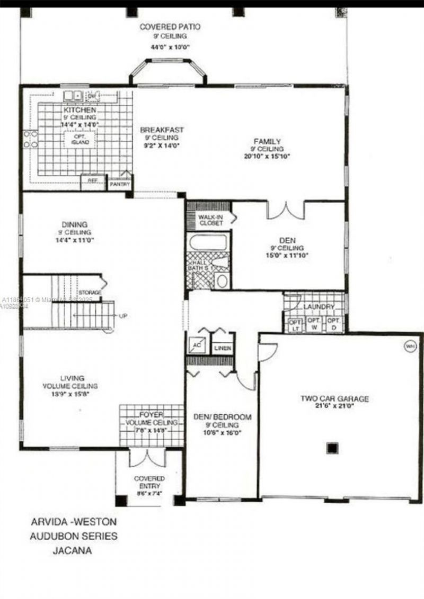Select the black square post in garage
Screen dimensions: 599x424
332,448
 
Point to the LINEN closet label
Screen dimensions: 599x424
222,349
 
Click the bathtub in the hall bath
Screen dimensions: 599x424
208,242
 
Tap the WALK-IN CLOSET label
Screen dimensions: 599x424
211,220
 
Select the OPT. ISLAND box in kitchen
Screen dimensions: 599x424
81,139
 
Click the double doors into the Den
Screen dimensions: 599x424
286,210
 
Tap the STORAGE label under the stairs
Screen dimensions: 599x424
90,292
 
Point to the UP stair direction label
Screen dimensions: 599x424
123,316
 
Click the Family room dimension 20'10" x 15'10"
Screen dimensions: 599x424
268,157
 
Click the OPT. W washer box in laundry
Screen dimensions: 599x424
314,324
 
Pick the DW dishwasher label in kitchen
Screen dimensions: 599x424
92,96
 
